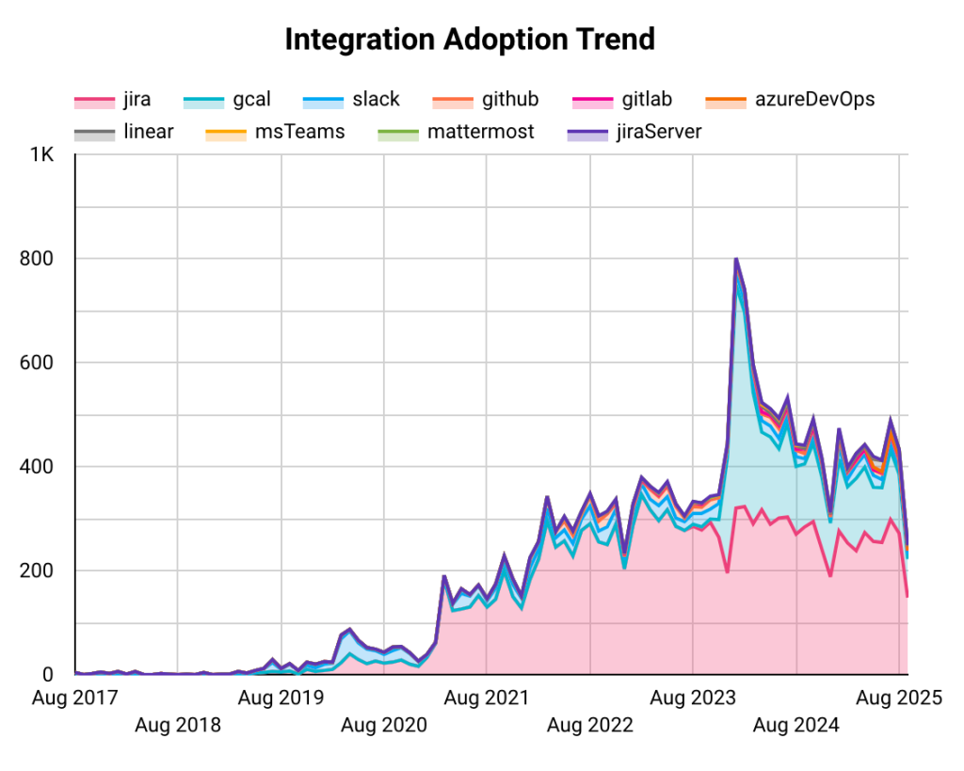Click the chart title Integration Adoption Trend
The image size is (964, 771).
(x=469, y=40)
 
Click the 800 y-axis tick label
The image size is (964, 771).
(x=36, y=258)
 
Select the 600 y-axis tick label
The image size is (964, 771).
(x=36, y=362)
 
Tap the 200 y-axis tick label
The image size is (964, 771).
(x=36, y=570)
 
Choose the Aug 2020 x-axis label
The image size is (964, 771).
(x=384, y=726)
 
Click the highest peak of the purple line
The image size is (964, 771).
(x=736, y=259)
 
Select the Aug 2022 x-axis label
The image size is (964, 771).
(x=590, y=726)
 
